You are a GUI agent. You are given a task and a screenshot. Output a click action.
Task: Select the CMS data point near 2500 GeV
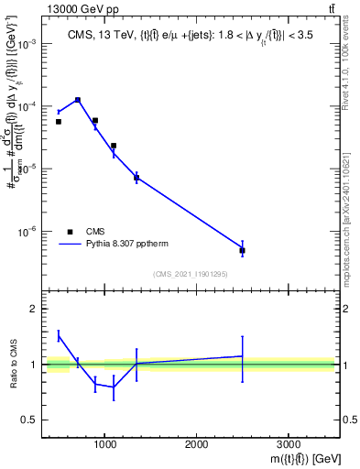(x=242, y=250)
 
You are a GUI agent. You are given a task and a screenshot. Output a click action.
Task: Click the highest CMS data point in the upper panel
(x=78, y=100)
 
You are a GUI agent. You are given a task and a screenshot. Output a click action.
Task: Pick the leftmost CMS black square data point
(x=59, y=121)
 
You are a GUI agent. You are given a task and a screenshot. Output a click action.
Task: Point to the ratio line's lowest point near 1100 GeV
(x=114, y=387)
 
